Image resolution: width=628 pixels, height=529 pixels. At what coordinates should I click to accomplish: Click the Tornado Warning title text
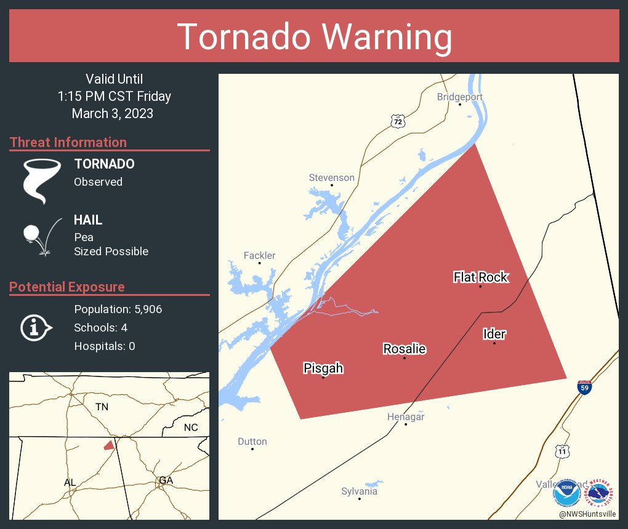click(314, 37)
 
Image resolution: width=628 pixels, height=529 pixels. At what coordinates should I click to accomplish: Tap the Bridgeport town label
click(459, 97)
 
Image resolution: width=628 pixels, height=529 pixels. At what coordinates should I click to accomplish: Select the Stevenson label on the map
click(331, 178)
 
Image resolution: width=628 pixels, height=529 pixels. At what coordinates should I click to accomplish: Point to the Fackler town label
click(259, 256)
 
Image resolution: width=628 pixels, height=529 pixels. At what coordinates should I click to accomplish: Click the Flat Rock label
click(480, 277)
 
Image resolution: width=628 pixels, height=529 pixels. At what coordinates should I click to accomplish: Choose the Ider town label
click(494, 334)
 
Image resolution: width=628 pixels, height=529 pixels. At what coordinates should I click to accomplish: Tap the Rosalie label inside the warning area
click(404, 349)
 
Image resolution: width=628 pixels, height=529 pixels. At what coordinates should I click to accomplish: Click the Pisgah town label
click(323, 368)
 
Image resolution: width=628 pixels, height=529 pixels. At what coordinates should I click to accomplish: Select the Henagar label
click(405, 417)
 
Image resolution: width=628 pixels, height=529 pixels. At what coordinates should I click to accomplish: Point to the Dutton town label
click(252, 442)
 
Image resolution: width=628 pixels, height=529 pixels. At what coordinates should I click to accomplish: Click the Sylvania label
click(359, 491)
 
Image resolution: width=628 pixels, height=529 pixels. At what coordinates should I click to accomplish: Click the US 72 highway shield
click(398, 121)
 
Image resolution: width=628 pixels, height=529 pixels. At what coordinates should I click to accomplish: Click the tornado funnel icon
click(42, 180)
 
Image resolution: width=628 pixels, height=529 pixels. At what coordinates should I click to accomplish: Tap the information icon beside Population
click(36, 327)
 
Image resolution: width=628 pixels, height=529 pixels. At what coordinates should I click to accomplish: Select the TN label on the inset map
click(102, 407)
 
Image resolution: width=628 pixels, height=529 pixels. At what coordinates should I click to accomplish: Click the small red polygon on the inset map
click(109, 445)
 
